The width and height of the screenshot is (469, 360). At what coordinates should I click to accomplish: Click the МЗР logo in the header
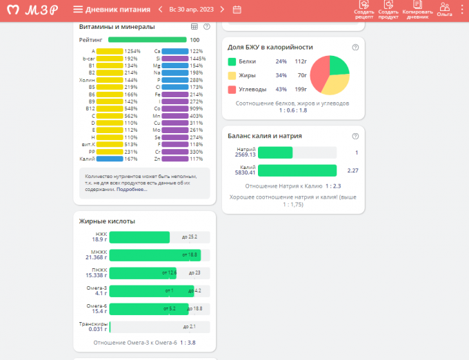(32, 10)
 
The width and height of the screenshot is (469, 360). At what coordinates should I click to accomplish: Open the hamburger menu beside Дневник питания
(78, 10)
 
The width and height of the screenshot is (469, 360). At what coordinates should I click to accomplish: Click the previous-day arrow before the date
(160, 10)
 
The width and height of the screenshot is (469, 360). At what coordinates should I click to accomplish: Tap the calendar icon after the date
(237, 10)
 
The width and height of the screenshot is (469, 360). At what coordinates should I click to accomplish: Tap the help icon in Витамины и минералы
(206, 26)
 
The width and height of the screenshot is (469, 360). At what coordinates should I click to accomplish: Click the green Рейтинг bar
(147, 40)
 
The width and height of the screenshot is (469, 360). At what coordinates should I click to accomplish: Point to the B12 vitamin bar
(110, 108)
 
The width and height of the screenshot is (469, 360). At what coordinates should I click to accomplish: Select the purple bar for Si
(174, 59)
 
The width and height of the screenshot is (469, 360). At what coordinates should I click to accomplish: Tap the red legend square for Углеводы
(232, 89)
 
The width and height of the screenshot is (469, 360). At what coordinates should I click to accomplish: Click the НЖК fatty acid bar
(139, 237)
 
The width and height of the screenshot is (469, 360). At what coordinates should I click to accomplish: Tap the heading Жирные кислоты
(107, 221)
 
